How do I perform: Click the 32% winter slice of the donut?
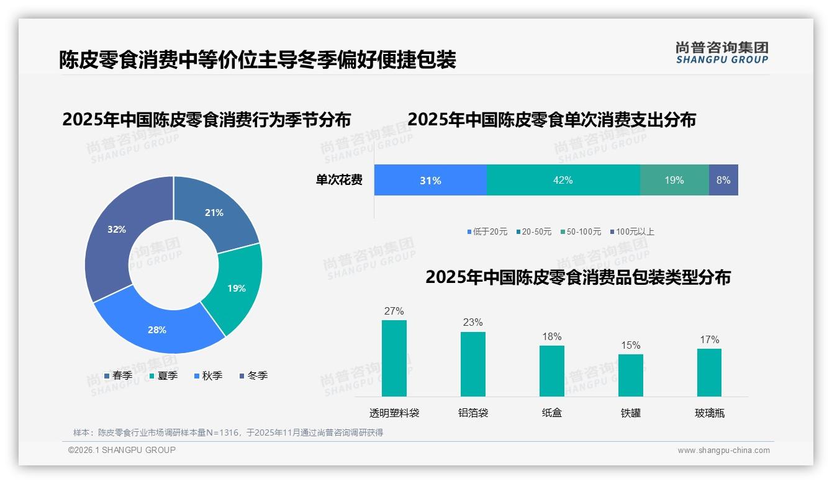click(115, 236)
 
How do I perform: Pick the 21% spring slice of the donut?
click(217, 211)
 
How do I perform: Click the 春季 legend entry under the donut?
click(118, 375)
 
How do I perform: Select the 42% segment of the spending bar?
click(563, 180)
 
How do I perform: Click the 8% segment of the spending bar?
click(723, 180)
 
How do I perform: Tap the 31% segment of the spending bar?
click(430, 180)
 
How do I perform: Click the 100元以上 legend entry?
click(632, 231)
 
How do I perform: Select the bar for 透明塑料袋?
click(394, 358)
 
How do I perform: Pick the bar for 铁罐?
click(631, 375)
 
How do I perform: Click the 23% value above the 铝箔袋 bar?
click(473, 322)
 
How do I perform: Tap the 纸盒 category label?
click(552, 413)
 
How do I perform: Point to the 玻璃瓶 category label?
click(710, 413)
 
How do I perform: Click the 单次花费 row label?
click(339, 180)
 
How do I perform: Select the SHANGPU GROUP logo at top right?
click(722, 53)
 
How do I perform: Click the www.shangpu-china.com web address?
click(723, 450)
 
